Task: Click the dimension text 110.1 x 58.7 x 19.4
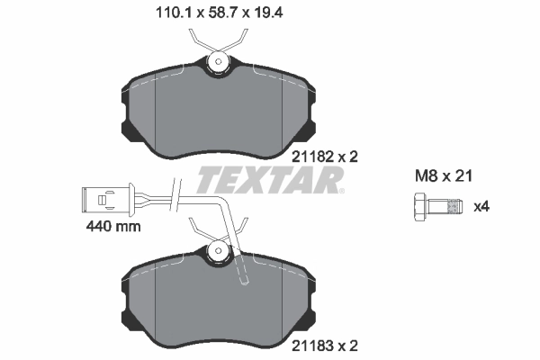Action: pyautogui.click(x=220, y=13)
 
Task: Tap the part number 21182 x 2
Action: pyautogui.click(x=325, y=157)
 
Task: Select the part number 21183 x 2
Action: pyautogui.click(x=325, y=346)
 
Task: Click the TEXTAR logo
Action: pyautogui.click(x=268, y=180)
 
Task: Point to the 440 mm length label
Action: pyautogui.click(x=113, y=226)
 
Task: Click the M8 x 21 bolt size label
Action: pyautogui.click(x=444, y=176)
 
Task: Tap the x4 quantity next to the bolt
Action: pyautogui.click(x=481, y=207)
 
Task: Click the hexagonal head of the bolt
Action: pyautogui.click(x=420, y=207)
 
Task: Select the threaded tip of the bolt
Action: pyautogui.click(x=454, y=207)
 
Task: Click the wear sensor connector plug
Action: pyautogui.click(x=108, y=199)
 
